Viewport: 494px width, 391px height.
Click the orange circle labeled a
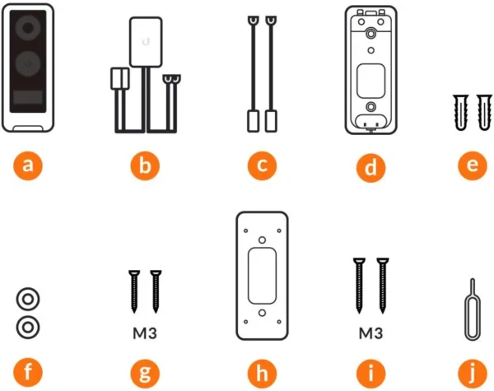coord(28,165)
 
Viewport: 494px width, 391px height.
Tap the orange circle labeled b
coord(145,165)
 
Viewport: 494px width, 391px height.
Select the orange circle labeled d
coord(370,167)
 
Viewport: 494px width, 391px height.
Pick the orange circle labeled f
coord(28,373)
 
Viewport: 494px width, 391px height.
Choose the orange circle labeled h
coord(262,373)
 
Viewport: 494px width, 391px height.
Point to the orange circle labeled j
coord(473,373)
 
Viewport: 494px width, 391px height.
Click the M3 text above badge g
coord(145,333)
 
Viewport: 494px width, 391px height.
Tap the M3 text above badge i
coord(370,333)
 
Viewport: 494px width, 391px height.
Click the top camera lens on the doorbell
coord(28,28)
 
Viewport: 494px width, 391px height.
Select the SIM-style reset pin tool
coord(473,310)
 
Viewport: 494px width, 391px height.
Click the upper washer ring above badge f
coord(28,299)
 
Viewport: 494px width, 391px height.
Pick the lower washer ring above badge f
coord(28,327)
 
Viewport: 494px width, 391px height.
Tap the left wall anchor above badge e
coord(460,112)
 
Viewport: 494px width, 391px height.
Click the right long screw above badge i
coord(383,286)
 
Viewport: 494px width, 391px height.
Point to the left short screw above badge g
coord(134,291)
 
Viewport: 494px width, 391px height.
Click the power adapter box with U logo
coord(146,42)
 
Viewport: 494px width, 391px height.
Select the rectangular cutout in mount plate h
coord(262,276)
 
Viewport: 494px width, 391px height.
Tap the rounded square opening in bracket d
coord(370,81)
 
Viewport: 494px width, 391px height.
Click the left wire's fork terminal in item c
coord(253,21)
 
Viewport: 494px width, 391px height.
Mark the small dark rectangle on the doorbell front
coord(28,97)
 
